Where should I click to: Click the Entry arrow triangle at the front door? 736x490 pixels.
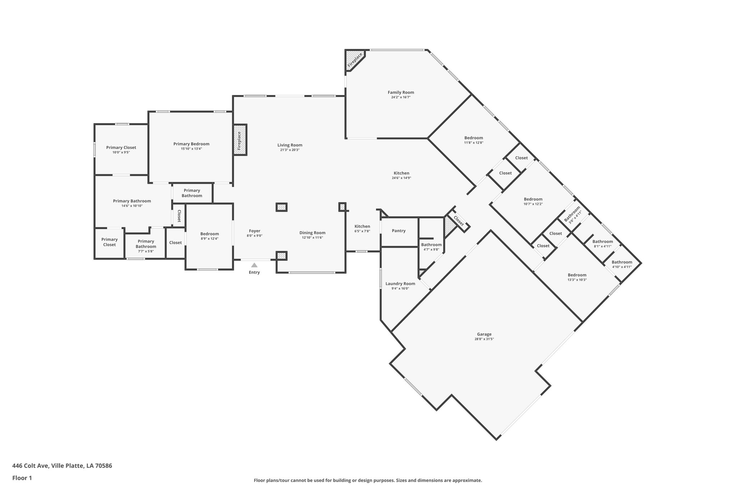[254, 265]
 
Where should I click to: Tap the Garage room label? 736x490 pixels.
[484, 334]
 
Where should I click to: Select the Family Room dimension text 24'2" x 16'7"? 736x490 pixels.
[401, 97]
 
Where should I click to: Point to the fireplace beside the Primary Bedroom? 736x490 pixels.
[240, 140]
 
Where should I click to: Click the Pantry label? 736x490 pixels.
[399, 231]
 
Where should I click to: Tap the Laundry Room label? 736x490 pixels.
[400, 284]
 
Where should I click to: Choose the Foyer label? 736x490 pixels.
[254, 231]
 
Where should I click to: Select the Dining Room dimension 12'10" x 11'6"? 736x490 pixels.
[312, 238]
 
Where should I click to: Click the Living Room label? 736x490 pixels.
[290, 145]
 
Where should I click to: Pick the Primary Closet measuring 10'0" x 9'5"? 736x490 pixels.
[121, 149]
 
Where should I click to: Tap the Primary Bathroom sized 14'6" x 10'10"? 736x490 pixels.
[132, 203]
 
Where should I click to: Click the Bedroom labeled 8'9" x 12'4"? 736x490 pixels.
[210, 236]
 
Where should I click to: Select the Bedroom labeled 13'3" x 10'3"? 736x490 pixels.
[577, 277]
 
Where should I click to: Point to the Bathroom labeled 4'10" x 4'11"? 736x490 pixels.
[622, 264]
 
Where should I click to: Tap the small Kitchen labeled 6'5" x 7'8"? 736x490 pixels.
[362, 228]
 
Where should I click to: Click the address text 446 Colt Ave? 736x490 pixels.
[62, 466]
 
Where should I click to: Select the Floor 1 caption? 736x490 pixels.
[22, 478]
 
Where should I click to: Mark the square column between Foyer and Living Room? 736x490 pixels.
[281, 207]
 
